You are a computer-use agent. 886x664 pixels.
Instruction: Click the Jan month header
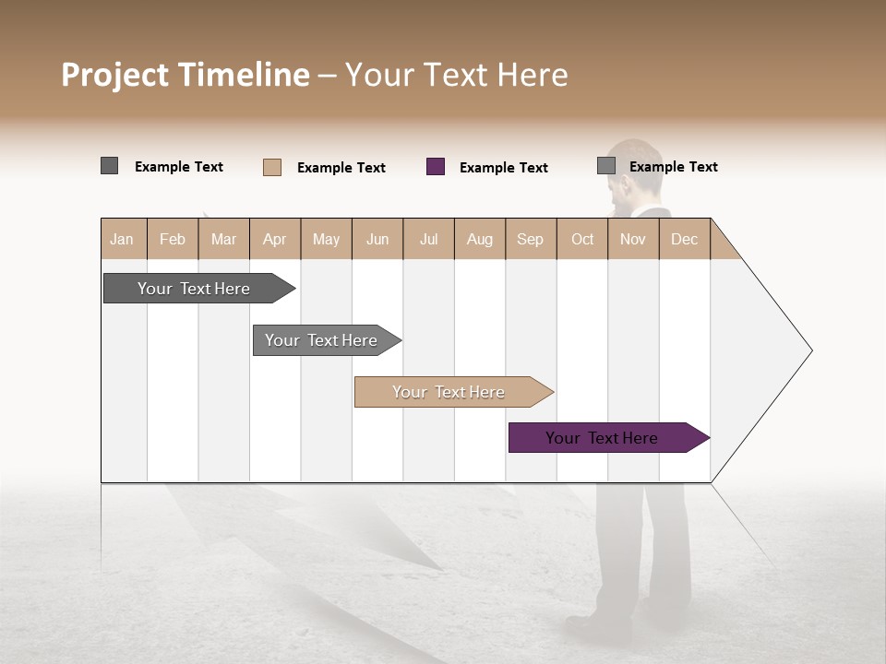point(122,239)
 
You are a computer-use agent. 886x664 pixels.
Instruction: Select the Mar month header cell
point(223,239)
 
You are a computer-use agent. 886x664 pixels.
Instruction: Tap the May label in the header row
point(326,239)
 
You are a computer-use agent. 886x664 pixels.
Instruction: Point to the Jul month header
point(428,239)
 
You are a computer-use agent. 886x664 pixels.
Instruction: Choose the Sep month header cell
point(530,239)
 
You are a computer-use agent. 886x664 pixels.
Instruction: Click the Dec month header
point(684,239)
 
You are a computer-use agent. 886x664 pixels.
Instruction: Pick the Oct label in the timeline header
point(582,239)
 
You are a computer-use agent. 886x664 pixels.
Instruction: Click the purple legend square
point(436,167)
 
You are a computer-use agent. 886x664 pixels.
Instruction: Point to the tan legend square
point(272,167)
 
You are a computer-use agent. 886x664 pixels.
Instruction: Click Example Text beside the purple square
point(503,168)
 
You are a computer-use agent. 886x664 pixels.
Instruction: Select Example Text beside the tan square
point(341,168)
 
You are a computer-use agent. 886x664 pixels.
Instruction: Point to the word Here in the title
point(533,75)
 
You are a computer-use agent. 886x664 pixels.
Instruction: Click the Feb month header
point(173,239)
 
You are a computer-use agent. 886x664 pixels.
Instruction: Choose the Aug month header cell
point(479,239)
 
